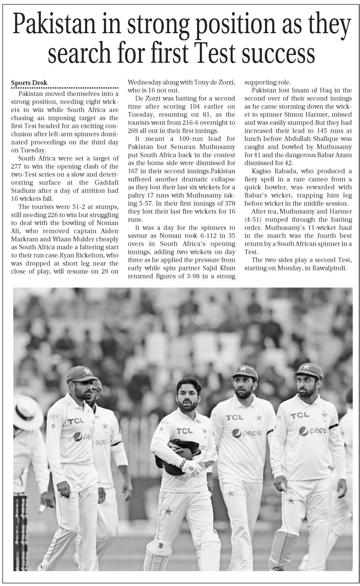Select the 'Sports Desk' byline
[29, 83]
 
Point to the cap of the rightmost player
[309, 371]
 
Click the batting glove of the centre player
[192, 467]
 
